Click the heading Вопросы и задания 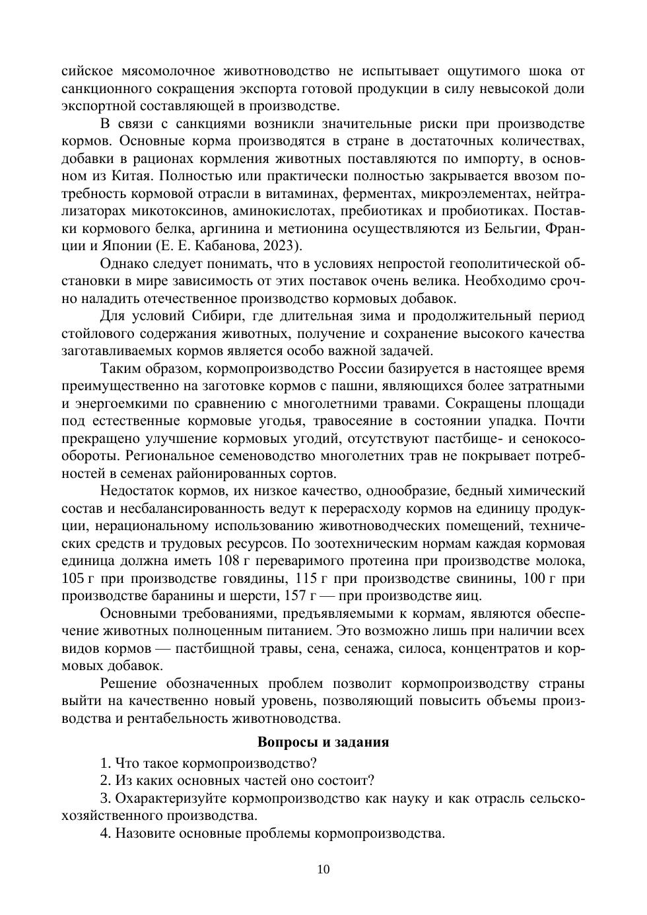click(323, 741)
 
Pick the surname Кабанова click(225, 246)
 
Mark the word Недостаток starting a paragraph click(139, 491)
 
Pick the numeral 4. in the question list click(106, 833)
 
